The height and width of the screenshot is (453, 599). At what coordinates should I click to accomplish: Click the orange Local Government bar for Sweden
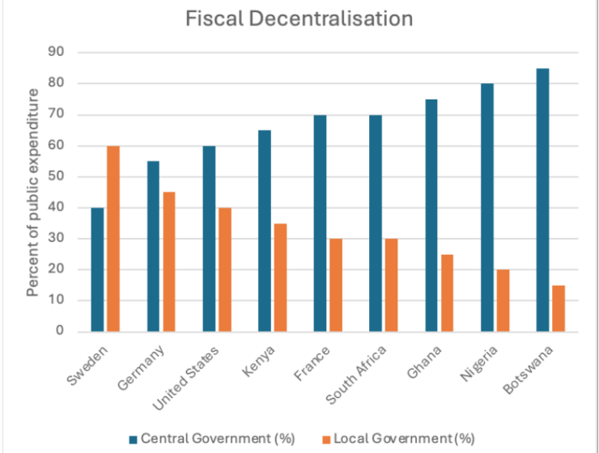point(113,239)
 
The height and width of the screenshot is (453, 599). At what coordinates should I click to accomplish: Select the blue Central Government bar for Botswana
point(542,200)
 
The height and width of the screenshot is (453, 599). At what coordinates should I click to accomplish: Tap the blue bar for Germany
point(153,246)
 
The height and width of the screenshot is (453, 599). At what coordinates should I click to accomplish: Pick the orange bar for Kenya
point(279,277)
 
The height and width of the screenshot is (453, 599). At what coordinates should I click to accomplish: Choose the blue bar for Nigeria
point(486,207)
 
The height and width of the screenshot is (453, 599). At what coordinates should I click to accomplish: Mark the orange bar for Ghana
point(446,293)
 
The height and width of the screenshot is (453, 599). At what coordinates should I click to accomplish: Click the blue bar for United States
point(209,239)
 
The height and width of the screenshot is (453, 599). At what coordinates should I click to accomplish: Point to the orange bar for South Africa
point(390,285)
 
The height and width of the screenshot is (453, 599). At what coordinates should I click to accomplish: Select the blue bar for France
point(320,223)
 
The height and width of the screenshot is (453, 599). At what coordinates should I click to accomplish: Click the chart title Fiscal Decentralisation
point(299,18)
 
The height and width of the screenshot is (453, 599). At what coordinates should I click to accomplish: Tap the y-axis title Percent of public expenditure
point(33,192)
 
